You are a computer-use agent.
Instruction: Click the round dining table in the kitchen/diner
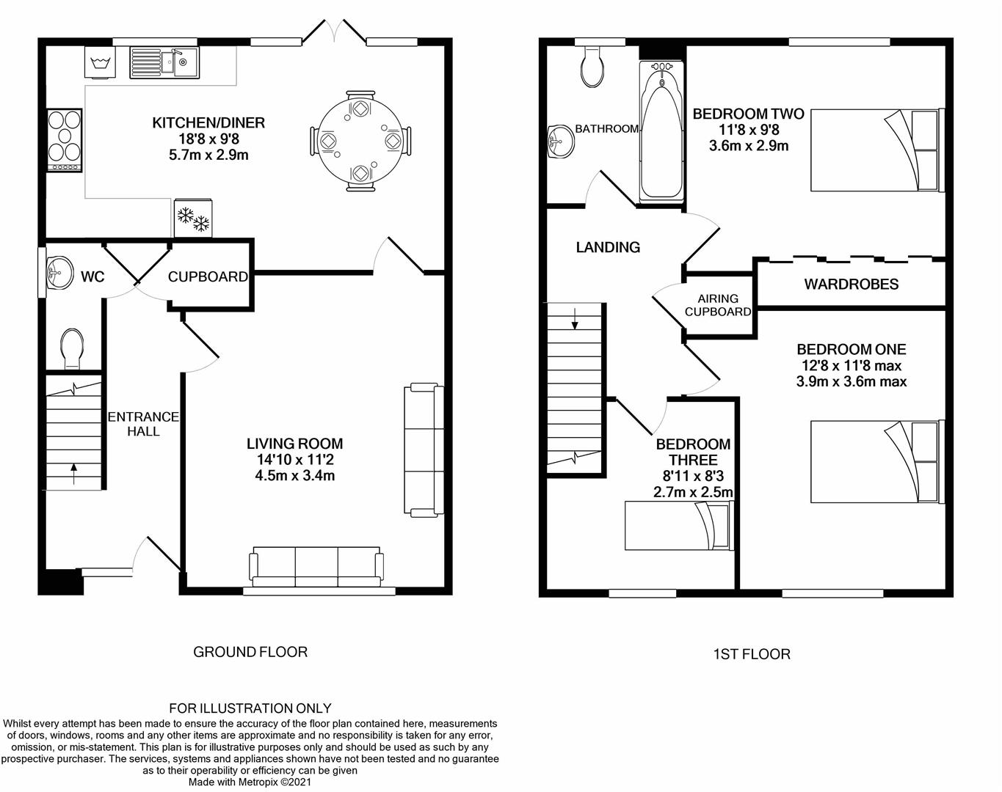pyautogui.click(x=360, y=141)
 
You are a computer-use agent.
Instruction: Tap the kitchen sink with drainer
pyautogui.click(x=164, y=62)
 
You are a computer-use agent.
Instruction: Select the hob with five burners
pyautogui.click(x=65, y=140)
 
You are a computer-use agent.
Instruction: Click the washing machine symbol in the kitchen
pyautogui.click(x=100, y=62)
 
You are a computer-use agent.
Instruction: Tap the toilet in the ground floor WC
pyautogui.click(x=72, y=349)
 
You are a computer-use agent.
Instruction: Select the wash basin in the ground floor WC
pyautogui.click(x=59, y=272)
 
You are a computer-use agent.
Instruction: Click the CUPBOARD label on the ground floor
pyautogui.click(x=208, y=277)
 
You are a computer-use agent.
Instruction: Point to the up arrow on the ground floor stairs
pyautogui.click(x=73, y=474)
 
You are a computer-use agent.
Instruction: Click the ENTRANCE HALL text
pyautogui.click(x=143, y=424)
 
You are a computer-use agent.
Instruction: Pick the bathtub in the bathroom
pyautogui.click(x=661, y=132)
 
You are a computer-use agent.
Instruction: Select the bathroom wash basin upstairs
pyautogui.click(x=561, y=141)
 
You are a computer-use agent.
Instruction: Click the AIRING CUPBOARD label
pyautogui.click(x=718, y=305)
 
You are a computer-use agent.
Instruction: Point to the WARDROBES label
pyautogui.click(x=851, y=284)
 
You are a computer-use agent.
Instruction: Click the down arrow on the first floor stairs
pyautogui.click(x=575, y=319)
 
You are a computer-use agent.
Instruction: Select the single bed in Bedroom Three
pyautogui.click(x=679, y=525)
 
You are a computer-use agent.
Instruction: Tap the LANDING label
pyautogui.click(x=608, y=247)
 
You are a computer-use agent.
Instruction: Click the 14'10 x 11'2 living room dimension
pyautogui.click(x=295, y=460)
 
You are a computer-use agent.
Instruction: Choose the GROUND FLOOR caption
pyautogui.click(x=250, y=652)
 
